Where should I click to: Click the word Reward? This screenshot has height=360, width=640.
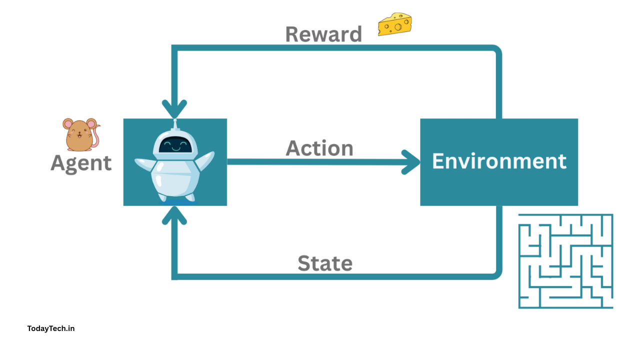(x=323, y=34)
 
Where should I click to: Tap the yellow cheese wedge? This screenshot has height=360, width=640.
(x=394, y=24)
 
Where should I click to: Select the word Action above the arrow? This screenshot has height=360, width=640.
(x=319, y=148)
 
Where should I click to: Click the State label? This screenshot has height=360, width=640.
(x=325, y=263)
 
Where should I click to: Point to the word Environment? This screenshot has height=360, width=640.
(x=499, y=161)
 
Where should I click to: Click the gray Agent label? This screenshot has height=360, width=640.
(x=81, y=163)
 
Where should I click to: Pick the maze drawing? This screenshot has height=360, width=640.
(x=565, y=261)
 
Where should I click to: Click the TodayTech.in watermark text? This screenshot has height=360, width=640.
(x=51, y=328)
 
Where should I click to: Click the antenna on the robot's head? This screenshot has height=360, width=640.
(x=174, y=123)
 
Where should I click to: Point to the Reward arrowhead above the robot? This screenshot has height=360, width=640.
(x=174, y=108)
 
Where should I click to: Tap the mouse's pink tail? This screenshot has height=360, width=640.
(x=96, y=135)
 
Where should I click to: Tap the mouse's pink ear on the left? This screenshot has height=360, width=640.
(x=67, y=123)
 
